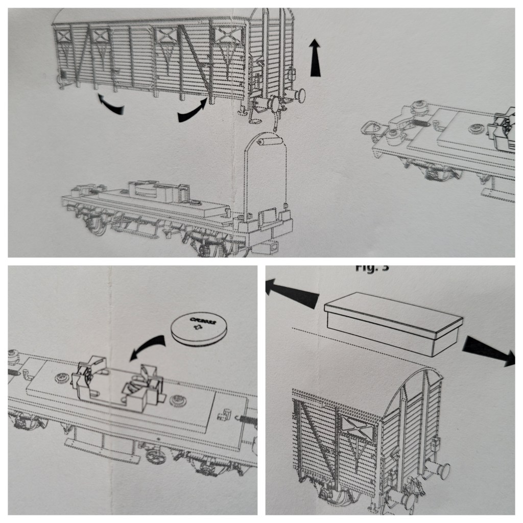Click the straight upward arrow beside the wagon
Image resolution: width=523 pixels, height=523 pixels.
coord(317,60)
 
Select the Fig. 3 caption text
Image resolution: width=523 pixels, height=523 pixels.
coord(376,269)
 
